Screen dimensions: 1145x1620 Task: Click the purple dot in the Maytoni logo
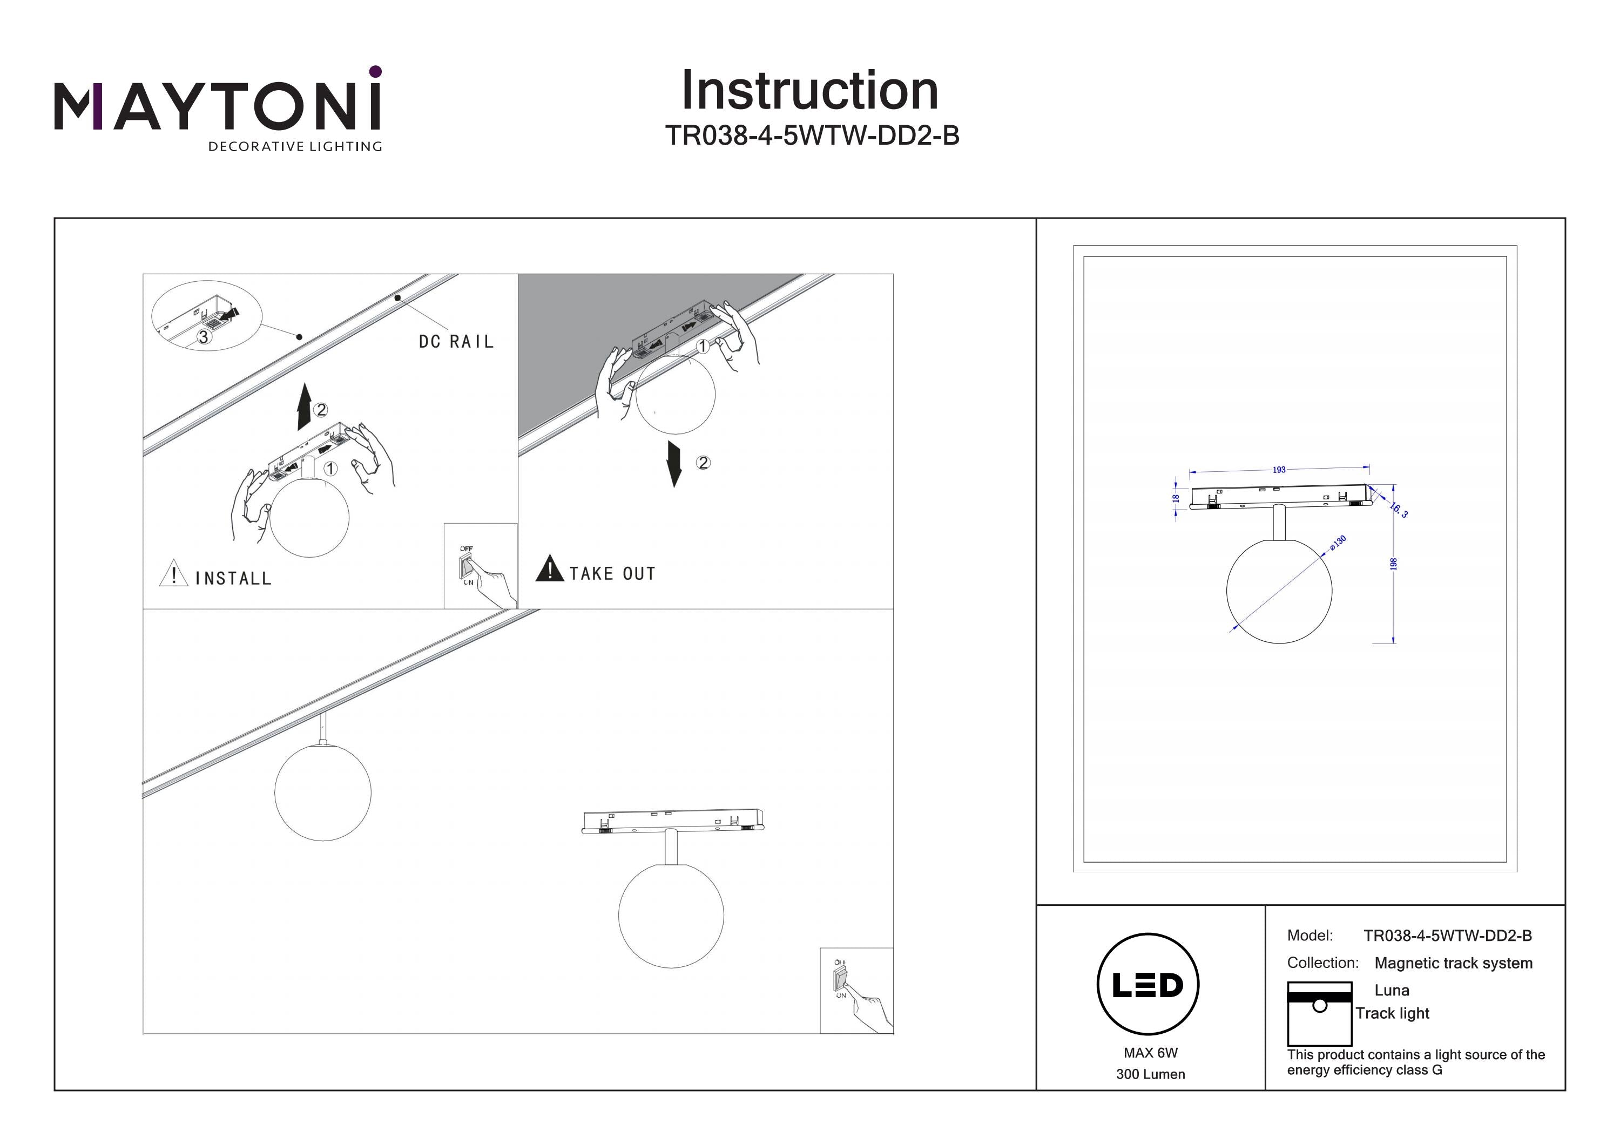pos(375,71)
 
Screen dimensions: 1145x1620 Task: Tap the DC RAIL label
pos(456,342)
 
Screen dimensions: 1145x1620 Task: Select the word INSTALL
pos(233,579)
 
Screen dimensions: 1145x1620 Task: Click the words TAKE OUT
pos(612,573)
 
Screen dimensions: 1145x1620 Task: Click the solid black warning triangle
pos(550,568)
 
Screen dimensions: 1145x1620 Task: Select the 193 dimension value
pos(1279,470)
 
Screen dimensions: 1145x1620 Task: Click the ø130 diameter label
pos(1338,543)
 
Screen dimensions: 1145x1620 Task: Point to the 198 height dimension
pos(1393,564)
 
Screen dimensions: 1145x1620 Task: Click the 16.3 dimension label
pos(1399,510)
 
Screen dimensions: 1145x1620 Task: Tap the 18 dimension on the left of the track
pos(1176,498)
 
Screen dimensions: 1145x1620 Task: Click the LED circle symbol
pos(1148,985)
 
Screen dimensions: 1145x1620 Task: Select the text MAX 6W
pos(1150,1053)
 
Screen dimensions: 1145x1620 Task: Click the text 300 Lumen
pos(1150,1074)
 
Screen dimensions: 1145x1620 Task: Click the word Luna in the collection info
pos(1392,991)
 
